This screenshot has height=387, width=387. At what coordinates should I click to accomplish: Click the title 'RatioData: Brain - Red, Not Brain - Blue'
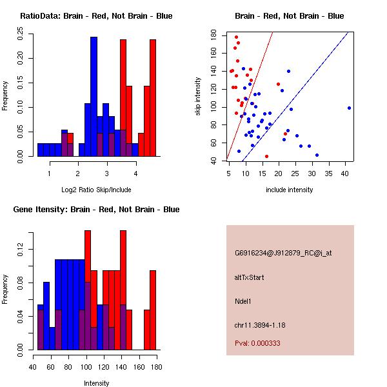(96, 16)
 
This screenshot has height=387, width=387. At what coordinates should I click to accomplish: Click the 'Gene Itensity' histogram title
(96, 210)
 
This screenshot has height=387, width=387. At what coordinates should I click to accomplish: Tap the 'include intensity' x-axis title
(290, 190)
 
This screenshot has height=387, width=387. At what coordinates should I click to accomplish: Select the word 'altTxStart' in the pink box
(249, 277)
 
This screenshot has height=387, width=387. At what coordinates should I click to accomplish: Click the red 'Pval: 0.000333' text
(257, 343)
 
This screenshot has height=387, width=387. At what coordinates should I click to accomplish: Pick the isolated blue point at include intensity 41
(349, 108)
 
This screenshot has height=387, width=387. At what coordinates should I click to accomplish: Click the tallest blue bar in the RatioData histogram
(94, 97)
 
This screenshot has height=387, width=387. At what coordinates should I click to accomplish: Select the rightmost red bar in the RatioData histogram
(153, 97)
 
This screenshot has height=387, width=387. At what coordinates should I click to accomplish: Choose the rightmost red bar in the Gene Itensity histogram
(153, 310)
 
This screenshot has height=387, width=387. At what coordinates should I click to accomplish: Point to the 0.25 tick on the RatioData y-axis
(21, 37)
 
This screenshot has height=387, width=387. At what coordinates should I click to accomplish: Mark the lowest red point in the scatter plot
(266, 156)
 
